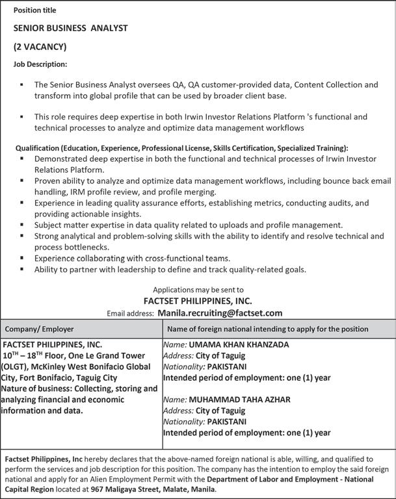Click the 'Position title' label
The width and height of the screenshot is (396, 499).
coord(34,10)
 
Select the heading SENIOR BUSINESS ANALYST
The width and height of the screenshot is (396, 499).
coord(70,29)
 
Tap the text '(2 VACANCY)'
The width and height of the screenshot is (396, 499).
coord(40,47)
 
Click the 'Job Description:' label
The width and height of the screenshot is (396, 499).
coord(40,64)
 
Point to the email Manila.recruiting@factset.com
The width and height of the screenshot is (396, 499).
coord(220,313)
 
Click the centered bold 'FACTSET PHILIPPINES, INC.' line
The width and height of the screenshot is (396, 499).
coord(198,301)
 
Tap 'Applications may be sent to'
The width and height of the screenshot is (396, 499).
coord(198,289)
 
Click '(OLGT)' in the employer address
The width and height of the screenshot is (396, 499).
coord(20,366)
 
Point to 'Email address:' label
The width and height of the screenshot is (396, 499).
coord(130,313)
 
